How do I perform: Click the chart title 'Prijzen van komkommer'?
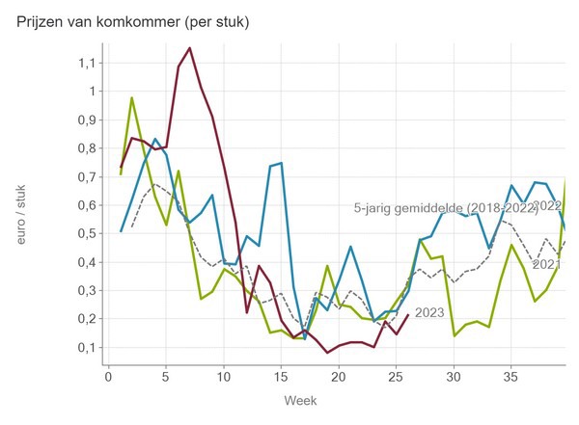(133, 22)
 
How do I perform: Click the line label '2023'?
(429, 312)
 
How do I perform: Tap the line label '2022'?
(546, 205)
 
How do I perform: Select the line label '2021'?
(546, 263)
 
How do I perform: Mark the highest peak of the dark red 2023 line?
(189, 47)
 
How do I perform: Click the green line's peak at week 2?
(132, 97)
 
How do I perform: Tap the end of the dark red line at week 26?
(409, 314)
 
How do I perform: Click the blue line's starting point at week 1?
(121, 231)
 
